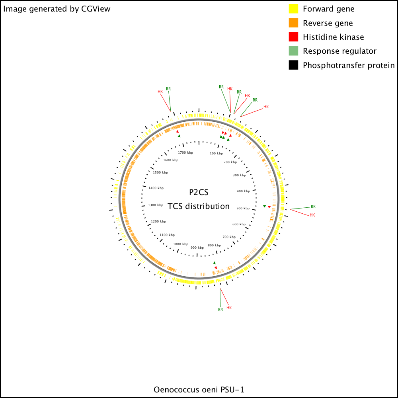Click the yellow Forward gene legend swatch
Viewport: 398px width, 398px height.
click(293, 9)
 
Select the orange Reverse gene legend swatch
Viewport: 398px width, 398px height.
click(293, 23)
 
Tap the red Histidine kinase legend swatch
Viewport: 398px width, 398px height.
click(293, 37)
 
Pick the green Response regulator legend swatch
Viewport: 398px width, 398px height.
click(293, 51)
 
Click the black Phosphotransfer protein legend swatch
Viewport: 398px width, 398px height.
click(293, 65)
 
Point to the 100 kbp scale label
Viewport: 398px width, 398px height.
click(216, 153)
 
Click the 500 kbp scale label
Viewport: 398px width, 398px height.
click(243, 208)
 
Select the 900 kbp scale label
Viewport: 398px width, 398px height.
click(197, 248)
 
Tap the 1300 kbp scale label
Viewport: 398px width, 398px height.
click(156, 205)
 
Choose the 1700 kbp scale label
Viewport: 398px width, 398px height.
click(185, 152)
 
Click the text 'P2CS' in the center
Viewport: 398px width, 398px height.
click(199, 192)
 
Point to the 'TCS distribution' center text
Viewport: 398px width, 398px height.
click(199, 206)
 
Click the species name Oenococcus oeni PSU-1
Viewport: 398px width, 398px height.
click(199, 390)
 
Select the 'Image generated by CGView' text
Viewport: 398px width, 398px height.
click(57, 9)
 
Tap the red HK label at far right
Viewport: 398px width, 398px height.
click(312, 215)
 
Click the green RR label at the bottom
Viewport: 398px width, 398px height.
click(220, 310)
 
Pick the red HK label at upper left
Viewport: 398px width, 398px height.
click(160, 92)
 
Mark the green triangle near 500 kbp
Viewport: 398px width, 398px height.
click(265, 206)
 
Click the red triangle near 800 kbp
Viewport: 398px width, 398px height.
click(216, 267)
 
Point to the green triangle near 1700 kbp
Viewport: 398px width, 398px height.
click(179, 136)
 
